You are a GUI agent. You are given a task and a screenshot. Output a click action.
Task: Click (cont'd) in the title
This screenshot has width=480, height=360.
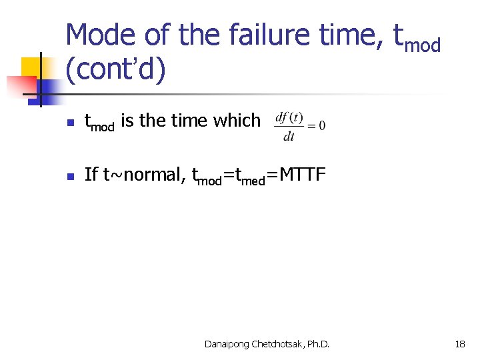(x=115, y=70)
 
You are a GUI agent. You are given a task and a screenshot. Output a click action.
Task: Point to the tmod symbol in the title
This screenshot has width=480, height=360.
(x=417, y=38)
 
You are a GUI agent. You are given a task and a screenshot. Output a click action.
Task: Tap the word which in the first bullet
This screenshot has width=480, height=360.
(x=237, y=121)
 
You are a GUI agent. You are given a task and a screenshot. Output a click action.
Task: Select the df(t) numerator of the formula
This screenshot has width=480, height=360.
(x=289, y=118)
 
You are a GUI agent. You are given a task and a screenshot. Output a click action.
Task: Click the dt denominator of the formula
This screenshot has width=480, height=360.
(x=289, y=137)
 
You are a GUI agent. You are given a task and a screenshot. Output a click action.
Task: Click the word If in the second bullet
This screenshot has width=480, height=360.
(x=91, y=174)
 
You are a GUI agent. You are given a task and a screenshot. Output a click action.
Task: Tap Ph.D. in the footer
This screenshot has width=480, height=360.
(x=317, y=344)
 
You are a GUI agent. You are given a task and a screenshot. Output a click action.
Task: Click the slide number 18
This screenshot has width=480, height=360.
(x=459, y=344)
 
